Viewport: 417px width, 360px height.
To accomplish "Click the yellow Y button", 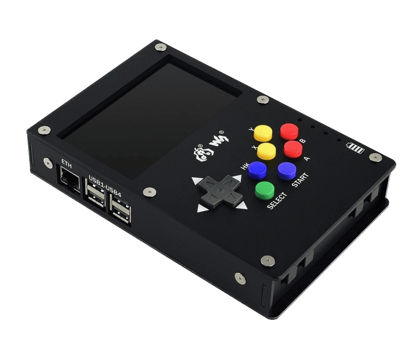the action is [263, 133].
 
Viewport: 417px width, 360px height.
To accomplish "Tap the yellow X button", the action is [266, 151].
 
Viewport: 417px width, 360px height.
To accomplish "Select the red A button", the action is [293, 149].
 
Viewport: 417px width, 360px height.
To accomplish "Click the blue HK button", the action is [257, 170].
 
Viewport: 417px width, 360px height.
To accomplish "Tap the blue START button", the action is [287, 171].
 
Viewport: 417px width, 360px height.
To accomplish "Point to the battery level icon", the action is [355, 148].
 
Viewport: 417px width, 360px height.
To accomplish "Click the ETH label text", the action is [67, 164].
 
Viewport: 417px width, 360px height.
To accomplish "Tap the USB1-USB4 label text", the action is [105, 187].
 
